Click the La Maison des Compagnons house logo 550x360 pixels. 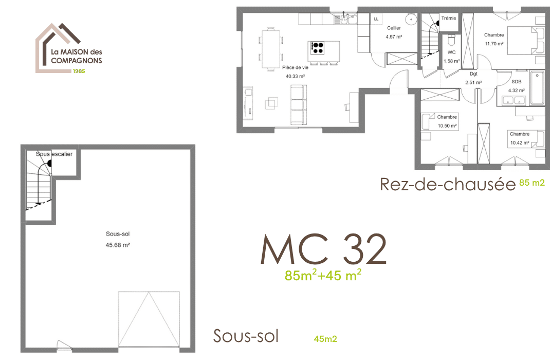(68, 48)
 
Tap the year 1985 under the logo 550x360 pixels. (79, 71)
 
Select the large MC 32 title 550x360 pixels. (324, 250)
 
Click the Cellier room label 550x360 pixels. (394, 28)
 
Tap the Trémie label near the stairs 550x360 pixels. (449, 19)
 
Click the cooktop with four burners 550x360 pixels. (318, 48)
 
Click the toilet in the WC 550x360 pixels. (451, 40)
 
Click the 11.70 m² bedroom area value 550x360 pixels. (493, 44)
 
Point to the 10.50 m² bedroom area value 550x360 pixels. (447, 125)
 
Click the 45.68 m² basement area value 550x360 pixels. (117, 245)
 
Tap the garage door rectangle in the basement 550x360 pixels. (149, 320)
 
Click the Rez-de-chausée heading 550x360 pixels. (447, 184)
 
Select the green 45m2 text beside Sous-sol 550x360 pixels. (325, 339)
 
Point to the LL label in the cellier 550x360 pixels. (376, 19)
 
